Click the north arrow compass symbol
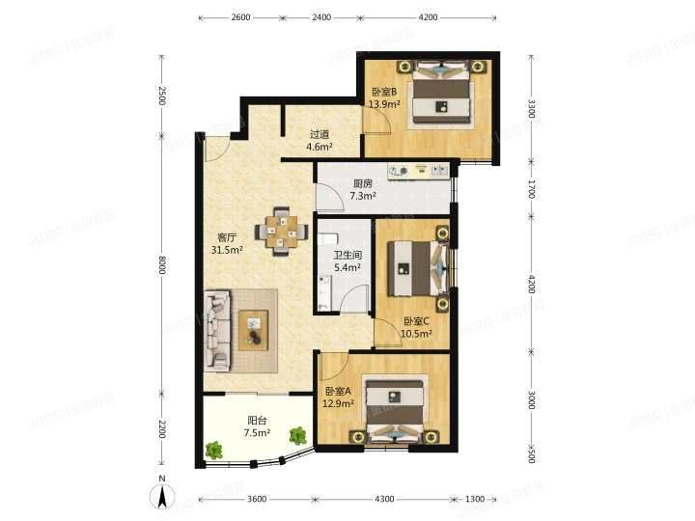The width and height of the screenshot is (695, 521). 163,495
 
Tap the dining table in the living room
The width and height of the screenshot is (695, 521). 282,232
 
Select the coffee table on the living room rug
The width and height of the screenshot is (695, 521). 253,330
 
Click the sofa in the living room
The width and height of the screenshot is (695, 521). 217,330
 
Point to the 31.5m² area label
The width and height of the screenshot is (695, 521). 227,250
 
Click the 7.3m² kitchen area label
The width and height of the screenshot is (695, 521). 363,195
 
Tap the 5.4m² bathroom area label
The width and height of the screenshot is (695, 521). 347,267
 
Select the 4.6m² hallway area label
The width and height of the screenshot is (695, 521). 320,147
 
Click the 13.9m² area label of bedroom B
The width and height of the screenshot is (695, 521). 385,104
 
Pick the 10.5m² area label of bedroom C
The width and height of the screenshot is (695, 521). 416,334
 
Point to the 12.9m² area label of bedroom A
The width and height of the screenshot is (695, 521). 338,403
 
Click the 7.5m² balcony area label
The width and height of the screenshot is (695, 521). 257,433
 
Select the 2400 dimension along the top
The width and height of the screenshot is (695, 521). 321,17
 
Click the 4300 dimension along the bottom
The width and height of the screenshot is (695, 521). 384,499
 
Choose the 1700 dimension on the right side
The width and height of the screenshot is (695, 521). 532,189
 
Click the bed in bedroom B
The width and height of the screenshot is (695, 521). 440,93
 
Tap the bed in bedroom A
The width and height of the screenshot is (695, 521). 394,410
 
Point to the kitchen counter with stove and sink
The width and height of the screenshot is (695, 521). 419,171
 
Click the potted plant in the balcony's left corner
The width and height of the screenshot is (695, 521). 214,450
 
